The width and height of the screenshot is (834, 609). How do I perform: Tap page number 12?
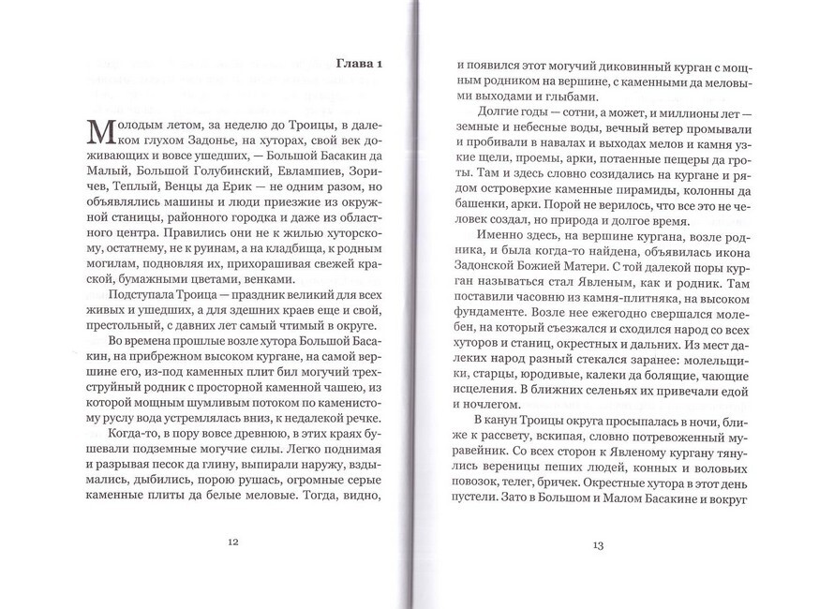[x=233, y=542]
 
